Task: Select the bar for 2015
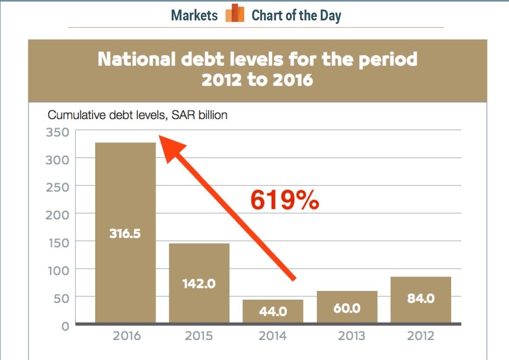pos(199,261)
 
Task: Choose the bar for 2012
pos(421,287)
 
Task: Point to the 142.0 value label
pos(199,284)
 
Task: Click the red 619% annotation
pos(285,200)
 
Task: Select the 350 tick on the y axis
pos(57,132)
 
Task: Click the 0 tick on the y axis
pos(64,325)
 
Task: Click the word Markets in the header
pos(194,16)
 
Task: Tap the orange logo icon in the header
pos(235,15)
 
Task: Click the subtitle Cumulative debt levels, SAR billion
pos(137,116)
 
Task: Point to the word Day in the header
pos(331,16)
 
